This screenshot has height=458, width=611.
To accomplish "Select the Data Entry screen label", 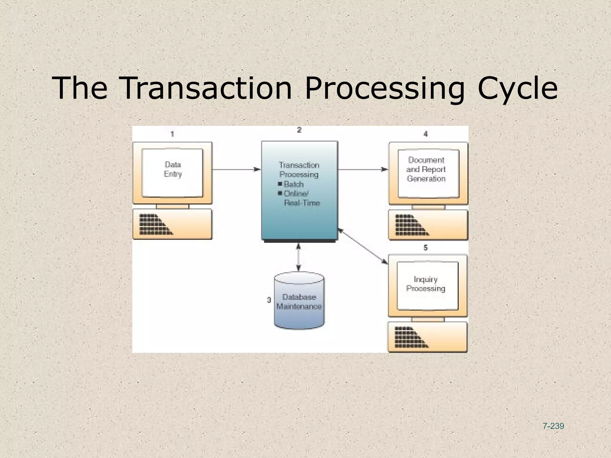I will point(173,169).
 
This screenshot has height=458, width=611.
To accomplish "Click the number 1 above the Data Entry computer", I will point(172,134).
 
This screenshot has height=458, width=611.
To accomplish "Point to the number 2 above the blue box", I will point(299,130).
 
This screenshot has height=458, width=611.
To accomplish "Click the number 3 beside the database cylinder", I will point(269,300).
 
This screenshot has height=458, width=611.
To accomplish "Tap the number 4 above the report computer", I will point(425,134).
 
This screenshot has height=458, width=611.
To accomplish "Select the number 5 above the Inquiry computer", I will point(425,248).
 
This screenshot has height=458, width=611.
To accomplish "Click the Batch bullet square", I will point(280,184).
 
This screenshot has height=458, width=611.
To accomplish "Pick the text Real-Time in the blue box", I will point(302,203).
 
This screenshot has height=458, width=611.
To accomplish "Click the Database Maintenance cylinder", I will point(299,301).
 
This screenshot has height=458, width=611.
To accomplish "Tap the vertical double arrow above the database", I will point(298,257).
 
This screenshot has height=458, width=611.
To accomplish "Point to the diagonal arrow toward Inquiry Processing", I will point(363,246).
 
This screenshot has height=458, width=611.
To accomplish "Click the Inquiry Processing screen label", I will point(425,284).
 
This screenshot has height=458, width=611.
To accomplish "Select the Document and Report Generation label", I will point(426,169).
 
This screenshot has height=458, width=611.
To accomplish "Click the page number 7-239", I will point(553,426).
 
